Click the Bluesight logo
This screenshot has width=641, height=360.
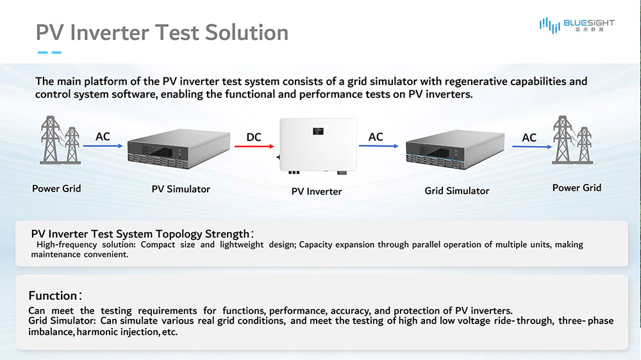pyautogui.click(x=577, y=25)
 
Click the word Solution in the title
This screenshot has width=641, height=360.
pyautogui.click(x=247, y=32)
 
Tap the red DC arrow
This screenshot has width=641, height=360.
pyautogui.click(x=254, y=146)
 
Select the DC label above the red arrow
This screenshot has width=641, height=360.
pyautogui.click(x=254, y=137)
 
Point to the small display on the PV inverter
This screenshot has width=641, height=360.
pyautogui.click(x=318, y=131)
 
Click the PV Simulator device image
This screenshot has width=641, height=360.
pyautogui.click(x=179, y=149)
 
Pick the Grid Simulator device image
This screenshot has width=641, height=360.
pyautogui.click(x=455, y=149)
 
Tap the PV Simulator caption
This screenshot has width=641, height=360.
pyautogui.click(x=181, y=189)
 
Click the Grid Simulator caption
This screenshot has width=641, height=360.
pyautogui.click(x=456, y=191)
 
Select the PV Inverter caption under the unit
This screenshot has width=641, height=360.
pyautogui.click(x=317, y=192)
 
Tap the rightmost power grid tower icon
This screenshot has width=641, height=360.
pyautogui.click(x=572, y=140)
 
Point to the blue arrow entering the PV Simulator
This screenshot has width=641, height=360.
pyautogui.click(x=103, y=146)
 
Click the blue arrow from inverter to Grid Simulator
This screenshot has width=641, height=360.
pyautogui.click(x=379, y=146)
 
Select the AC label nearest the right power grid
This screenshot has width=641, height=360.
pyautogui.click(x=529, y=138)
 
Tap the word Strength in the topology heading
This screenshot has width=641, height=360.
pyautogui.click(x=228, y=234)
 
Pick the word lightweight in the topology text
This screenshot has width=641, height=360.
pyautogui.click(x=242, y=244)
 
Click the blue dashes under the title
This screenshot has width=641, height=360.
pyautogui.click(x=49, y=53)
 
